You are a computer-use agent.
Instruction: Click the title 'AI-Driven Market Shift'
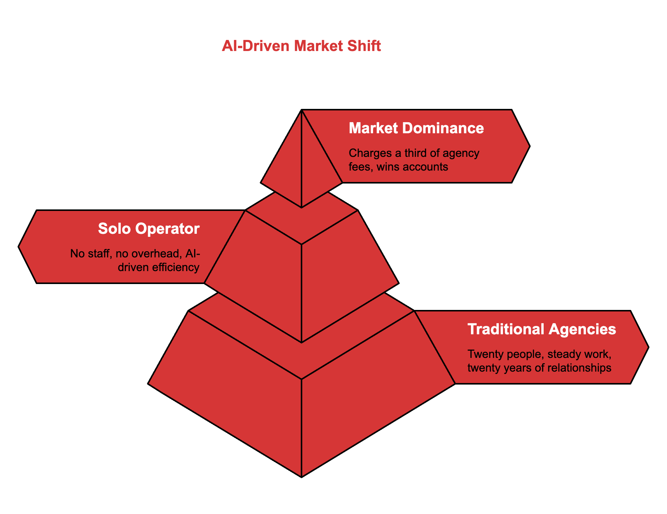pyautogui.click(x=301, y=46)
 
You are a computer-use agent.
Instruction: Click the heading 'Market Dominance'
pyautogui.click(x=416, y=128)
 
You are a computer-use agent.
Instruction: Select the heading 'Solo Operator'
pyautogui.click(x=148, y=228)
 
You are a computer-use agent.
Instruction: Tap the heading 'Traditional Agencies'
pyautogui.click(x=541, y=329)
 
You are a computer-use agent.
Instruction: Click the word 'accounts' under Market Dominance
pyautogui.click(x=425, y=167)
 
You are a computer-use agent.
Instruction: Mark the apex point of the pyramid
pyautogui.click(x=302, y=110)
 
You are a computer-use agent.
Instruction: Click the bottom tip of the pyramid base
pyautogui.click(x=302, y=476)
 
